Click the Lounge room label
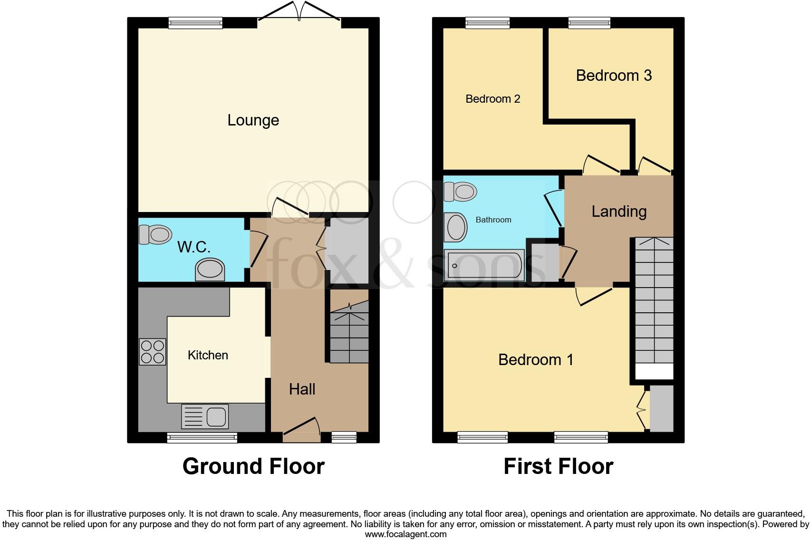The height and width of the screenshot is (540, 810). [253, 120]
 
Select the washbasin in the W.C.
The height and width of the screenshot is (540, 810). [209, 270]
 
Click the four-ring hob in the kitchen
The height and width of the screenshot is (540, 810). [152, 352]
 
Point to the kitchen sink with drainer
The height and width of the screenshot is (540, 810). [205, 416]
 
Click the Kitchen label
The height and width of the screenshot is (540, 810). [208, 355]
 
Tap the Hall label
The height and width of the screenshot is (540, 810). [302, 389]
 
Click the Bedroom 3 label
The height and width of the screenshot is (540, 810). [614, 75]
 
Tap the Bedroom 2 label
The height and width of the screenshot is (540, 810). [492, 99]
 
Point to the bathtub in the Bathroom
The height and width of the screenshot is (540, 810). [484, 265]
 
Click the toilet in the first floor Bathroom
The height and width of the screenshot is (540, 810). [460, 192]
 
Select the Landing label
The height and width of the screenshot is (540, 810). [619, 212]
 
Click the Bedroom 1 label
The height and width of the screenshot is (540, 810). [536, 360]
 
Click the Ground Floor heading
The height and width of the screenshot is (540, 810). [253, 466]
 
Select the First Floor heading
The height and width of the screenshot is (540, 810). [558, 466]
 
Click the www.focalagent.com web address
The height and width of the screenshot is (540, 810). [405, 534]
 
